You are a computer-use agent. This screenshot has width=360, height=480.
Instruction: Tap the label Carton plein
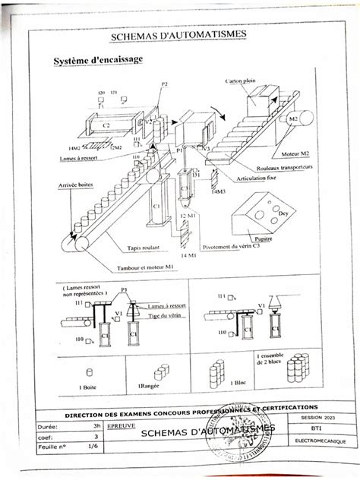click(x=244, y=81)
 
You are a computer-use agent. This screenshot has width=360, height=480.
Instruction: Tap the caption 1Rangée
click(x=150, y=387)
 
